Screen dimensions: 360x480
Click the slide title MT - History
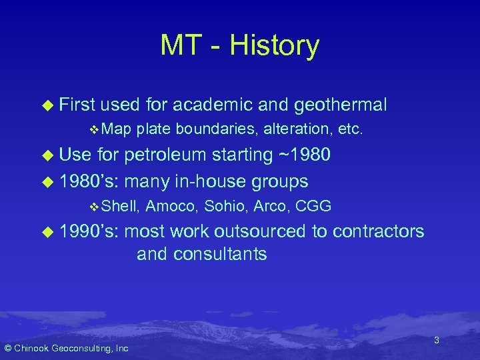click(239, 45)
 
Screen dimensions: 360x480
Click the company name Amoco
click(170, 207)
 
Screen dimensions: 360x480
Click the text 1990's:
click(89, 231)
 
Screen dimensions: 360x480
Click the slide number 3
click(436, 340)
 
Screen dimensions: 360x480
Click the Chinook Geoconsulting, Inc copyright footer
click(67, 348)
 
